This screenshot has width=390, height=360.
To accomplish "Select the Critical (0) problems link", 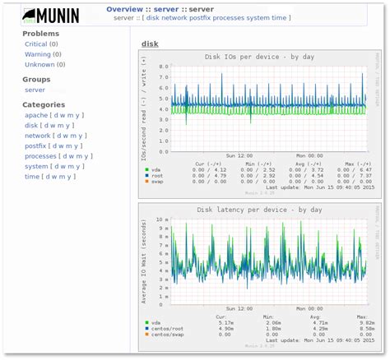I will point(36,44).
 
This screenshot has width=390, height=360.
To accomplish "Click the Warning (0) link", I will point(38,53).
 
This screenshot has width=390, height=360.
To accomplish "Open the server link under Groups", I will point(35,90).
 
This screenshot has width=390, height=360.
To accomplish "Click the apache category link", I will point(36,116).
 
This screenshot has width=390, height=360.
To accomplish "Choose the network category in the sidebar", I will point(39,136).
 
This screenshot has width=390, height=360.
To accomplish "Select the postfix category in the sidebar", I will point(37,145).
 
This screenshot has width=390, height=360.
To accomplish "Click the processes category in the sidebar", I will point(40,155).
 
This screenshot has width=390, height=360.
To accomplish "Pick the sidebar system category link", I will point(37,165).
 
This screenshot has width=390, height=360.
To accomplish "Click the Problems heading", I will point(40,34).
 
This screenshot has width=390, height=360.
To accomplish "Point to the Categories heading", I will point(44,105).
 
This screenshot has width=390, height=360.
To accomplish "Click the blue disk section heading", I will point(150,44).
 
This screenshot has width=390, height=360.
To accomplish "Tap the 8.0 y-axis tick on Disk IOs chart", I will point(164,66).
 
